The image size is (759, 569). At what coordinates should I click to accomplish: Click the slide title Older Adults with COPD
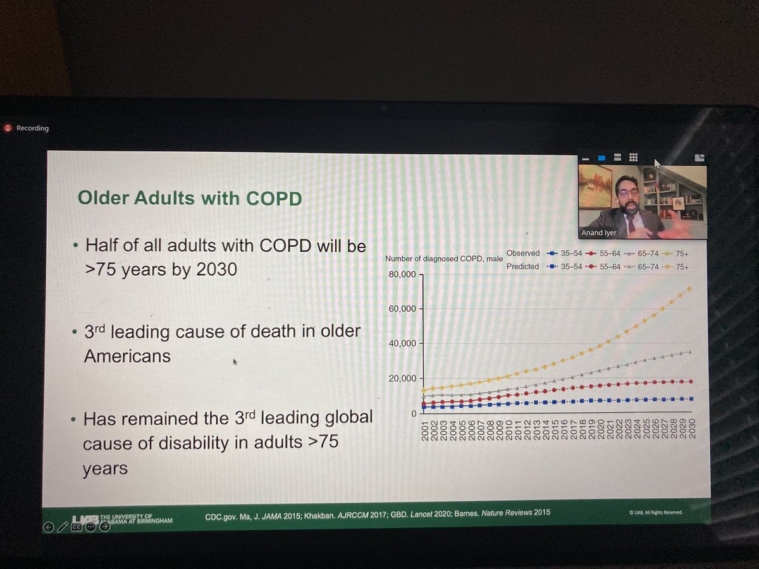click(188, 198)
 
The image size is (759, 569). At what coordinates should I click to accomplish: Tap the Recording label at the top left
click(32, 128)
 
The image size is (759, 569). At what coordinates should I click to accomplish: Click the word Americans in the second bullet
click(127, 356)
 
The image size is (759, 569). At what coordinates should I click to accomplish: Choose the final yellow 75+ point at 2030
click(690, 288)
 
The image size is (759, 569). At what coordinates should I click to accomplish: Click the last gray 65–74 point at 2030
click(690, 352)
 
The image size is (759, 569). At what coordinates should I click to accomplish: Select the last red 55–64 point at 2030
click(690, 381)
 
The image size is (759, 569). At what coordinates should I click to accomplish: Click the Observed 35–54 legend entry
click(565, 254)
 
